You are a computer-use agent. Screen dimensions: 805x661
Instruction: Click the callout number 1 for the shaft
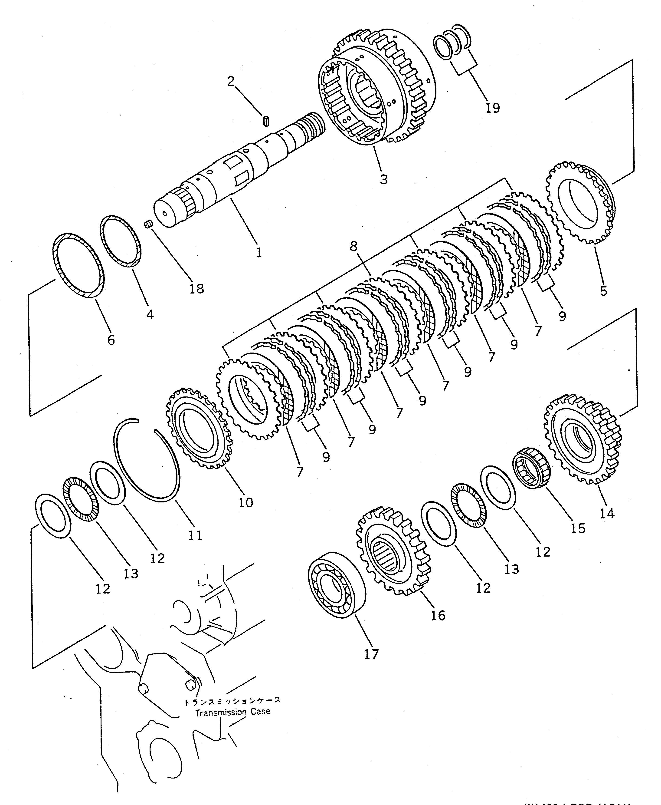[x=259, y=252]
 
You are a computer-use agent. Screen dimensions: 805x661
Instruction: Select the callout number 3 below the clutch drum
[x=383, y=179]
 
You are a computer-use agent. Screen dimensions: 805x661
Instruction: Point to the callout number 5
[x=603, y=291]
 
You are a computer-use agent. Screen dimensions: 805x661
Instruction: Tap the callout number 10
[x=245, y=502]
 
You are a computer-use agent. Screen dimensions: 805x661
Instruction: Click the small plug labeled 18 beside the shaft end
[x=148, y=224]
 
